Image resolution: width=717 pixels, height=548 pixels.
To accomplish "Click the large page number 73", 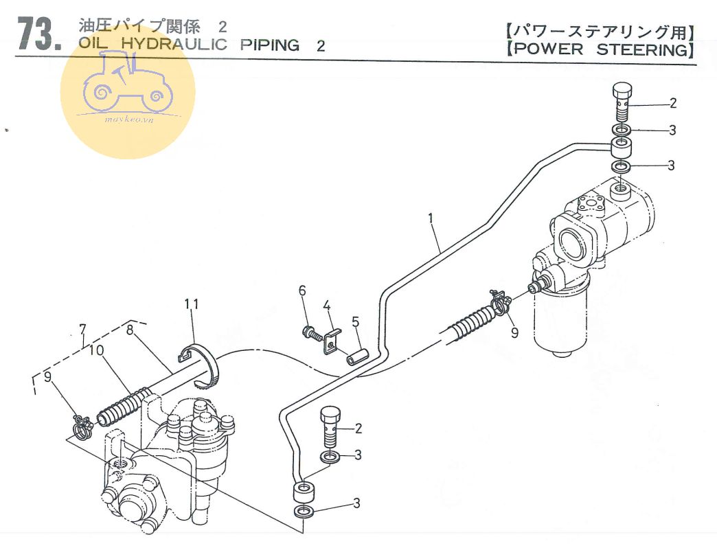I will [x=38, y=34].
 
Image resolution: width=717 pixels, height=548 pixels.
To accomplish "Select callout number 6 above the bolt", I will [x=301, y=291].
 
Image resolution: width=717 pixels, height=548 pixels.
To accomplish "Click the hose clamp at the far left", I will [x=83, y=426].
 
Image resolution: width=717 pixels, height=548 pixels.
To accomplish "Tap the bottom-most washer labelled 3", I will [x=304, y=512].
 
